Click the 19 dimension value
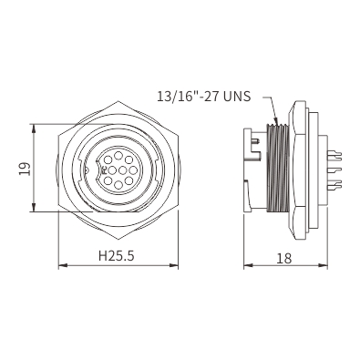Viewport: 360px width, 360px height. point(25,169)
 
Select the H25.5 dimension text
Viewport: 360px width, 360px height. point(117,256)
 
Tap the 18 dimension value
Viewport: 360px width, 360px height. point(284,258)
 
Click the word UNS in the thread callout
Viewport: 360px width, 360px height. point(238,97)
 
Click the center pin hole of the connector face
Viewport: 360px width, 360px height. point(122,170)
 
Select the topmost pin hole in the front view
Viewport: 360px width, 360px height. point(118,156)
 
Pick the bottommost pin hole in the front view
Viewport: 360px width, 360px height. point(118,184)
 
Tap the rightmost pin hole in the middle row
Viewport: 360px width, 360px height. point(133,170)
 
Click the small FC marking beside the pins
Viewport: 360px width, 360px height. point(105,170)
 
